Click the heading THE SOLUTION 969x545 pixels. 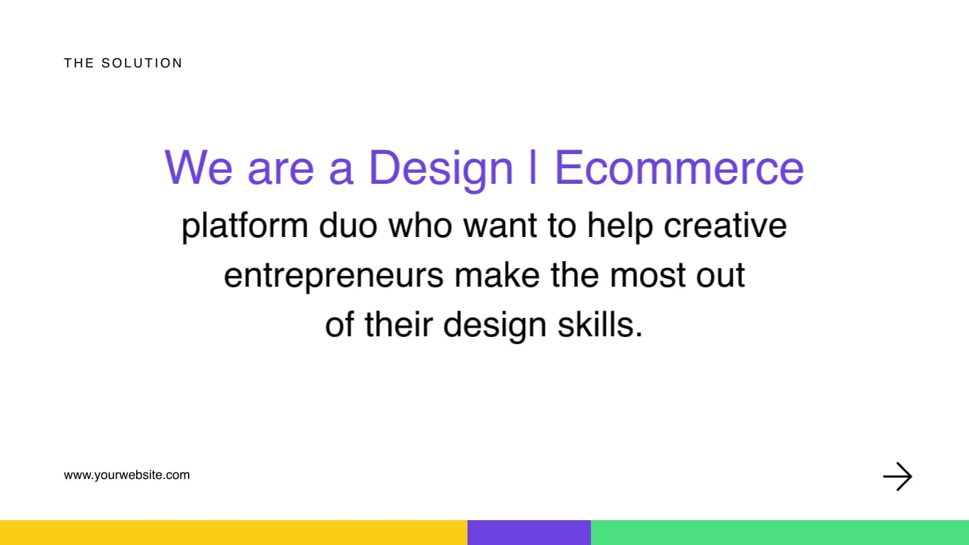pos(123,63)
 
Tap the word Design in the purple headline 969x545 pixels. pos(441,168)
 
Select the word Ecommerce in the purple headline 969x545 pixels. pos(679,168)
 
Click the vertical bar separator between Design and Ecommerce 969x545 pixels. pos(533,168)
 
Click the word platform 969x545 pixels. pos(245,226)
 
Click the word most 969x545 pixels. pos(643,275)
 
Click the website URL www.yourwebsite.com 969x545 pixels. pos(127,475)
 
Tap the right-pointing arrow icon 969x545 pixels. pos(897,477)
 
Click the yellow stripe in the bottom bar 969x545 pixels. pos(233,532)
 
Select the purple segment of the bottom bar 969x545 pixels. pos(529,532)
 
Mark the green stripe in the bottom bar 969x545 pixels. pos(780,532)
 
